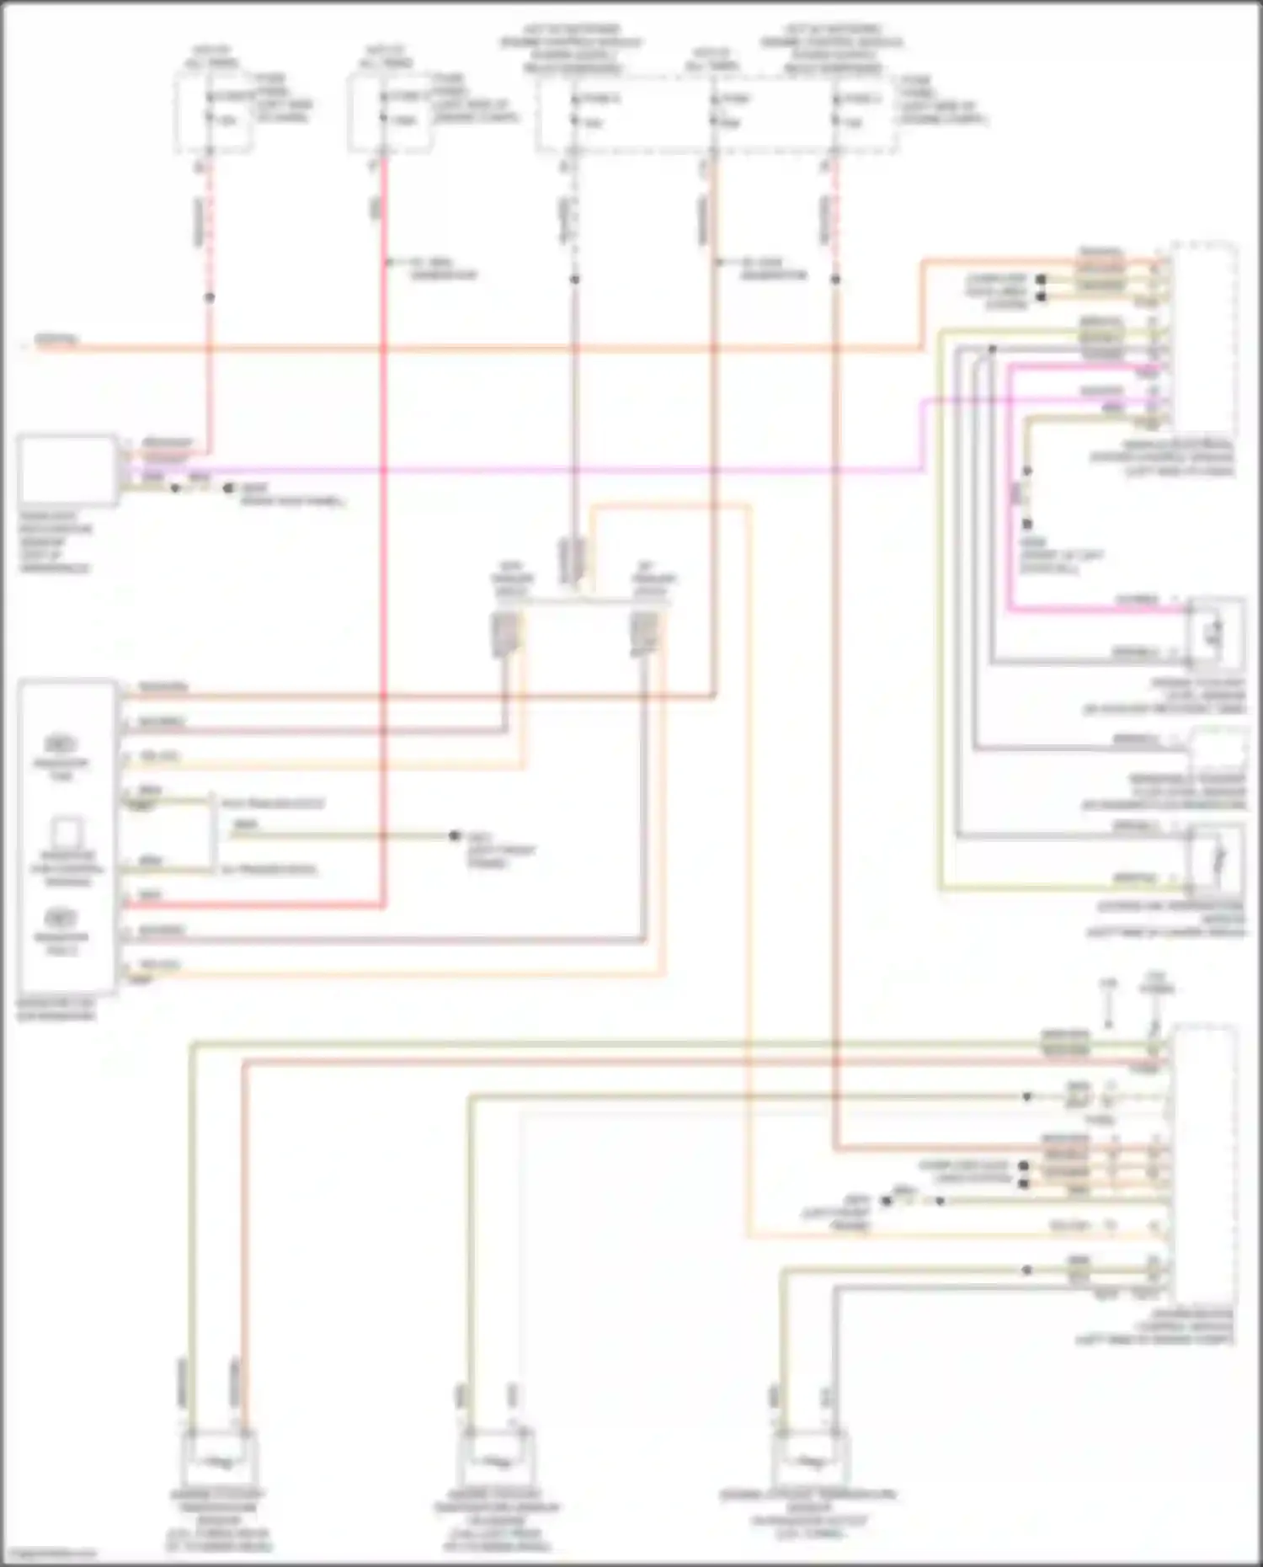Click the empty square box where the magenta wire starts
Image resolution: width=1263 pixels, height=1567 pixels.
[67, 470]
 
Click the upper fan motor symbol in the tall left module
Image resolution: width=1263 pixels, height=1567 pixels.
[61, 744]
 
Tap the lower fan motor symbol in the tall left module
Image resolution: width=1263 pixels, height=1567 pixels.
[61, 918]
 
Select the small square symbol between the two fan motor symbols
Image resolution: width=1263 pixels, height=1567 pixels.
[66, 832]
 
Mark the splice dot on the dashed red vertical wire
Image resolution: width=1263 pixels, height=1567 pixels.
[210, 297]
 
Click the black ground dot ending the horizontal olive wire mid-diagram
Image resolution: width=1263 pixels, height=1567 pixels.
[455, 835]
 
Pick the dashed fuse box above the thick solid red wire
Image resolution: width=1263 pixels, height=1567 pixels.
[390, 112]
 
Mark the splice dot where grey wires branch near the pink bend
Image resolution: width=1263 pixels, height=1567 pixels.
[993, 348]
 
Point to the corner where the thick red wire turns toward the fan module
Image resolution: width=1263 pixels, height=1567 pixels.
[384, 906]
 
